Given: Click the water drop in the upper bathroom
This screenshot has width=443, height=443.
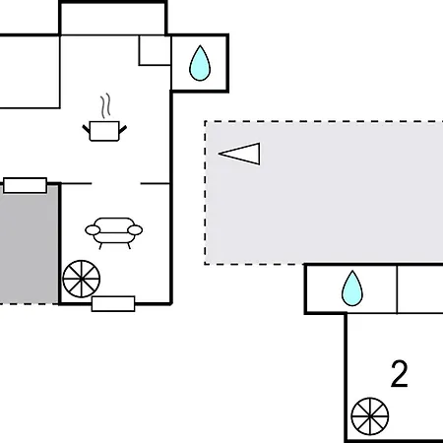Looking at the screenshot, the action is click(x=200, y=64).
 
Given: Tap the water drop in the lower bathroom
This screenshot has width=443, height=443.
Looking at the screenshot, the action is click(x=352, y=288).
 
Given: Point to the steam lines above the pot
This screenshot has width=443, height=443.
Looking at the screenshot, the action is click(x=105, y=105).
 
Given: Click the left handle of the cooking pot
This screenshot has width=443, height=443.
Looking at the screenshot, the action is click(x=87, y=129).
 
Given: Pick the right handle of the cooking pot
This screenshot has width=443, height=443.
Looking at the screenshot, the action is click(x=123, y=129).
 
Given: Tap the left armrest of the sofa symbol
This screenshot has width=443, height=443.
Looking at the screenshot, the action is click(x=93, y=230).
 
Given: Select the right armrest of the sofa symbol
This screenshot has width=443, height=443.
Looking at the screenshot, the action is click(x=135, y=230).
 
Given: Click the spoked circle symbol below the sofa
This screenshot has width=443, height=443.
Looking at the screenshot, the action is click(x=81, y=279).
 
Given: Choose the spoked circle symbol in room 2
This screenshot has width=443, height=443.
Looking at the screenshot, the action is click(x=370, y=416).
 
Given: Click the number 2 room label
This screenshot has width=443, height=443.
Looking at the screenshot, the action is click(x=400, y=374).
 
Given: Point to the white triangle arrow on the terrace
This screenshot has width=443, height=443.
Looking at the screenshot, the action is click(x=239, y=154).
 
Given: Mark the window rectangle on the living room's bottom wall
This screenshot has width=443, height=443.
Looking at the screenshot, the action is click(x=113, y=304).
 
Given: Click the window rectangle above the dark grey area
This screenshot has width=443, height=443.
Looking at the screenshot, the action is click(x=25, y=185).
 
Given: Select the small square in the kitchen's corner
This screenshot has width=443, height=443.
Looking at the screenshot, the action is click(x=155, y=50).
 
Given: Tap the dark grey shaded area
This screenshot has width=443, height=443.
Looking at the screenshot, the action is click(x=29, y=244).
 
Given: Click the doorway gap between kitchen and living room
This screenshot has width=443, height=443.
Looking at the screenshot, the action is click(x=116, y=183).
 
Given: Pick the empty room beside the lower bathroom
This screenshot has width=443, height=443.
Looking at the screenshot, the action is click(x=420, y=289).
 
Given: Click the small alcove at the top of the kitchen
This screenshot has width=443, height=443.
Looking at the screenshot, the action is click(x=113, y=19).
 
